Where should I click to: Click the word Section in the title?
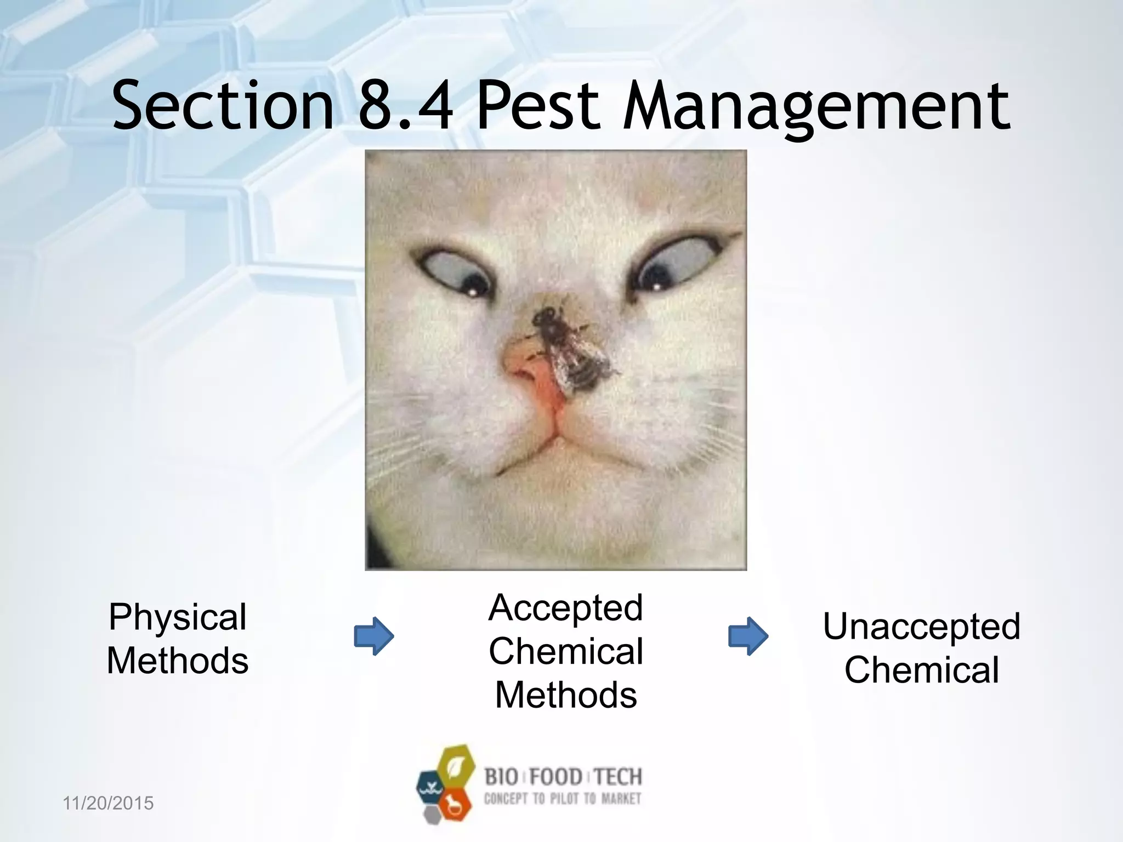[x=223, y=105]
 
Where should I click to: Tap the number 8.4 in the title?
[x=406, y=105]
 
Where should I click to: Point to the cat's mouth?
[x=554, y=455]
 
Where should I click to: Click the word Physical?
[x=178, y=617]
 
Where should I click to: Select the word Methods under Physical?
[x=178, y=661]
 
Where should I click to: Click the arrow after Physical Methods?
[x=374, y=636]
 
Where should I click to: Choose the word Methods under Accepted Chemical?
[x=566, y=695]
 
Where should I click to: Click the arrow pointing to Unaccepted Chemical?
[x=748, y=636]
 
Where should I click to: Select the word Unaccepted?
[x=922, y=627]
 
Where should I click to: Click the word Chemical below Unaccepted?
[x=922, y=670]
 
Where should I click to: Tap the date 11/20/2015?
[x=109, y=804]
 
